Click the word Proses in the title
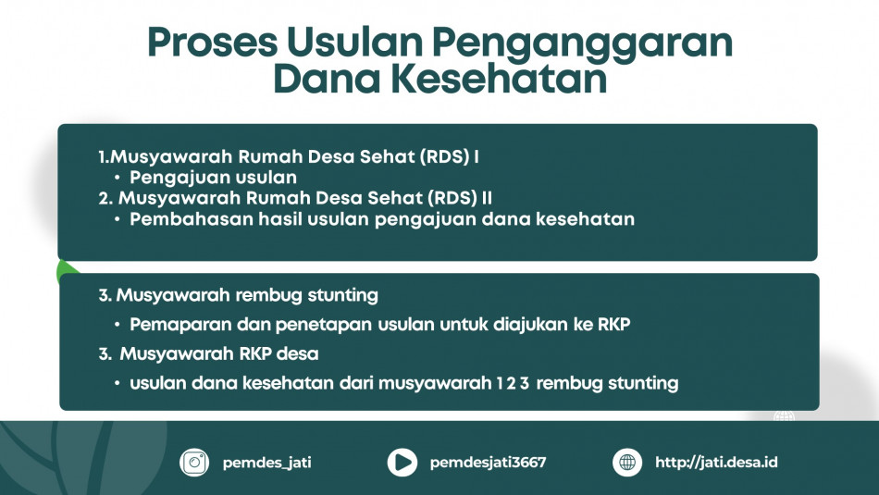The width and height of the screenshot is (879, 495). (x=213, y=42)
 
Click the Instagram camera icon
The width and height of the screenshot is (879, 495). (x=194, y=463)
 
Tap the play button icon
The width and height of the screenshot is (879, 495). (x=402, y=463)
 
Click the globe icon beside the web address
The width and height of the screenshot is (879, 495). (x=627, y=463)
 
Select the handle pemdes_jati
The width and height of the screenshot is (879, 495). (x=266, y=463)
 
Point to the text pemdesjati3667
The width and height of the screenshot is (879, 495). (x=488, y=463)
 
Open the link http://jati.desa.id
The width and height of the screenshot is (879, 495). (x=716, y=463)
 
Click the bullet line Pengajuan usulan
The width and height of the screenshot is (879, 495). (x=213, y=178)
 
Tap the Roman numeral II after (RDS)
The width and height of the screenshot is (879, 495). (x=486, y=198)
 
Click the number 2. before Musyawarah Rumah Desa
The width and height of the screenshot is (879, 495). (x=106, y=198)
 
